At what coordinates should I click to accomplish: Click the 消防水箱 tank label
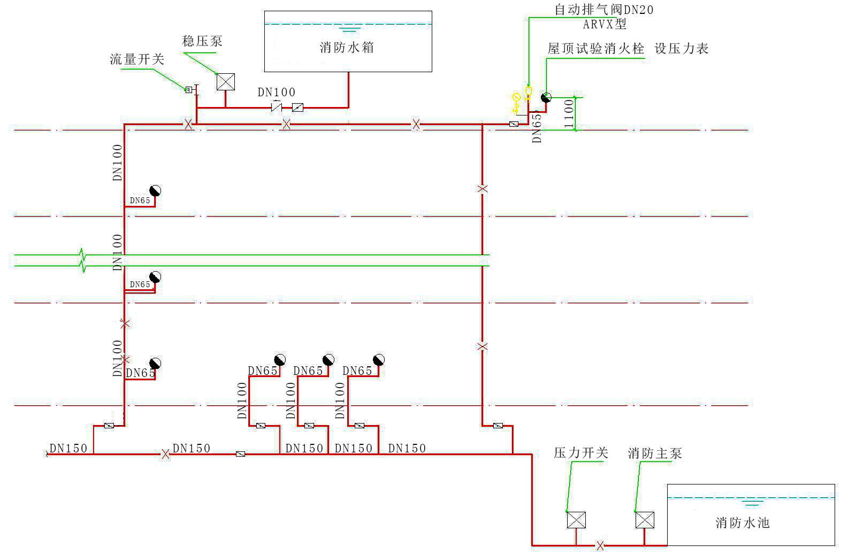[347, 48]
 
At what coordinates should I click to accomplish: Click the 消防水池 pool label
[742, 522]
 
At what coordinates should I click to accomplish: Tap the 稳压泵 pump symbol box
[225, 82]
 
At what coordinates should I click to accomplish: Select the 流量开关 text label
[137, 59]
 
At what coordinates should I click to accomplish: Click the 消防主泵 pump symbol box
[644, 520]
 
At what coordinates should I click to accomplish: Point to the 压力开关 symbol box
[576, 520]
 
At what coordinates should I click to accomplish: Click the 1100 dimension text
[569, 113]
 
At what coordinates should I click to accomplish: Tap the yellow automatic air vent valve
[529, 93]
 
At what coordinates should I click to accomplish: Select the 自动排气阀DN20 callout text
[603, 10]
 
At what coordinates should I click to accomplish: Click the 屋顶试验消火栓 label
[595, 49]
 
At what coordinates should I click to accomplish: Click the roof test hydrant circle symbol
[546, 97]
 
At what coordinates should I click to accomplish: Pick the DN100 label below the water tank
[276, 93]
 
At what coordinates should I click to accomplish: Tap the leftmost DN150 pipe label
[68, 448]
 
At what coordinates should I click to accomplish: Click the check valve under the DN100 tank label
[276, 107]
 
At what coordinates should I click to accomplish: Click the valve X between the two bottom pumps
[600, 545]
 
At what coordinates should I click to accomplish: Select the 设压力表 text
[681, 49]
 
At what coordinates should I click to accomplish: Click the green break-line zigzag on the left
[82, 260]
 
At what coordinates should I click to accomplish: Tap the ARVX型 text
[604, 24]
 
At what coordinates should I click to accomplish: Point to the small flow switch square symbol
[188, 90]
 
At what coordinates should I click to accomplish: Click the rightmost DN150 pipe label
[407, 448]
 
